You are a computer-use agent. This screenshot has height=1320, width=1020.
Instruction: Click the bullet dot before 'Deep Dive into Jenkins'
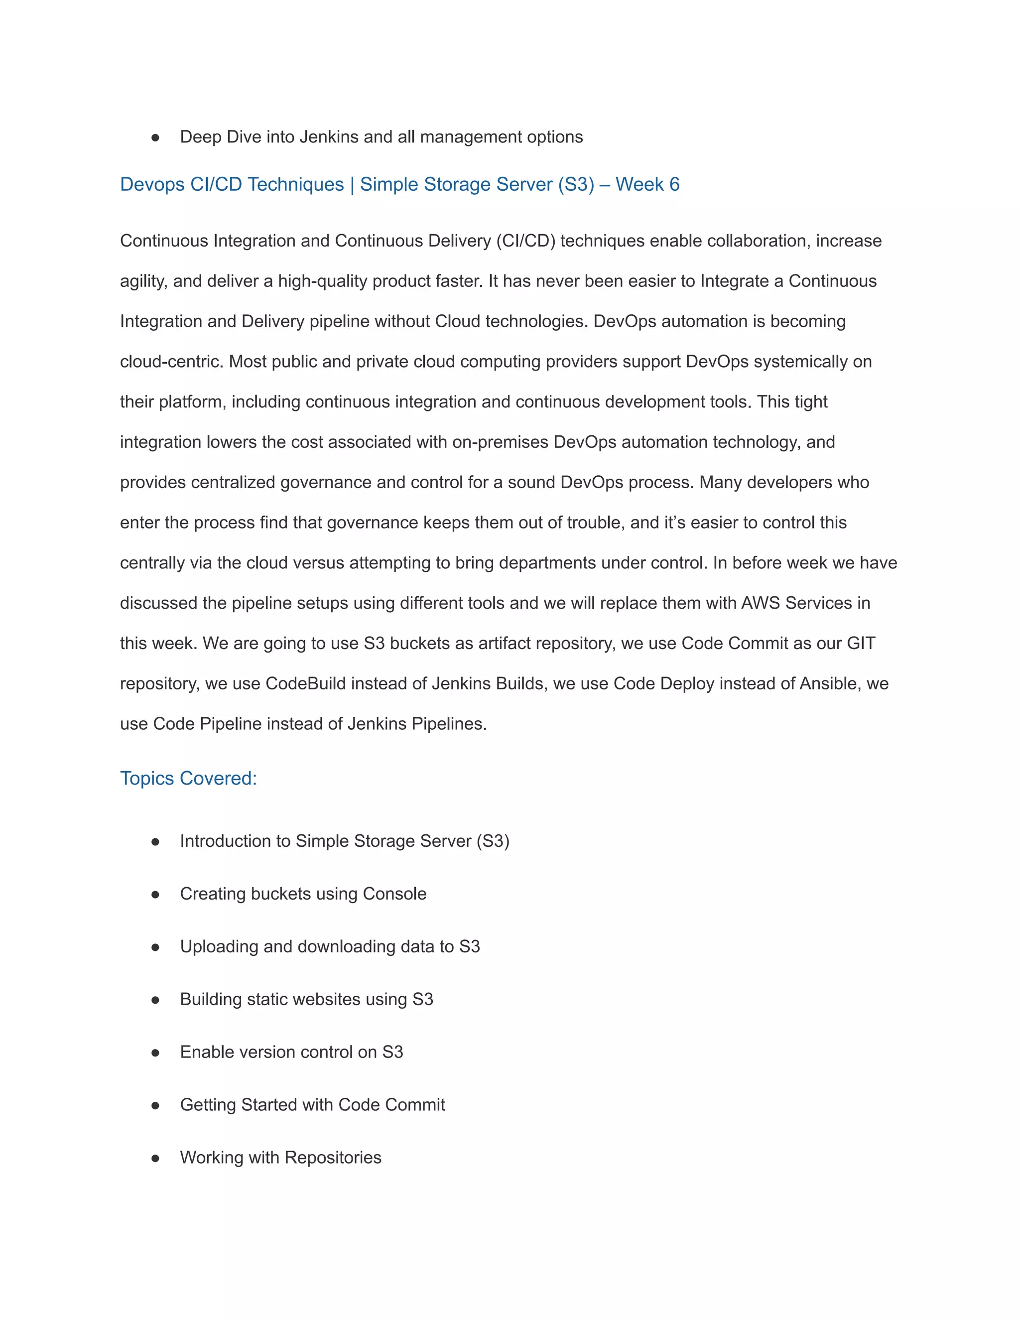click(x=155, y=138)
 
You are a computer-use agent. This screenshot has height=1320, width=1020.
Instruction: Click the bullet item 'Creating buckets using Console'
click(x=303, y=894)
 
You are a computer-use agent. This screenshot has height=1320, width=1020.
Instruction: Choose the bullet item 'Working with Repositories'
click(x=280, y=1158)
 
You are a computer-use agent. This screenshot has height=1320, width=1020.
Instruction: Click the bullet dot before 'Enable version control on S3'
click(x=155, y=1053)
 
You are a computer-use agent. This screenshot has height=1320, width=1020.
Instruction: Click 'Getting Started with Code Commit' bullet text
click(x=312, y=1105)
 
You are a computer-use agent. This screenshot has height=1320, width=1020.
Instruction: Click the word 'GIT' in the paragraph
click(x=861, y=643)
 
